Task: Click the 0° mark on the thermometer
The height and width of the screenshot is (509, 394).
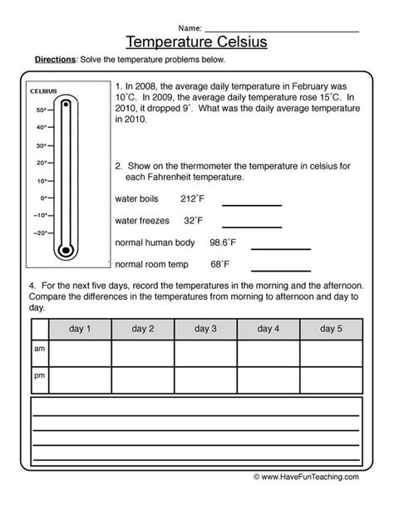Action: coord(42,198)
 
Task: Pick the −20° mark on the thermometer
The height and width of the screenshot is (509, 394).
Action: coord(41,233)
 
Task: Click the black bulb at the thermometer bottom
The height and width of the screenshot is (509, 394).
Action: coord(64,250)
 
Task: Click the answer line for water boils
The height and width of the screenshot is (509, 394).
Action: coord(251,204)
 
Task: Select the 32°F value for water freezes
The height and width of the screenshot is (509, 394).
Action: coord(193,220)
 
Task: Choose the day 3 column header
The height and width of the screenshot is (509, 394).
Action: coord(206,329)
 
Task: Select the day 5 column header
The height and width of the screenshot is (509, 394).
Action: coord(332,329)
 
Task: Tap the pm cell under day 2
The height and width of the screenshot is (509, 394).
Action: coord(143,379)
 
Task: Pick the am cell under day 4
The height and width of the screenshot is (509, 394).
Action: coord(269,352)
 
